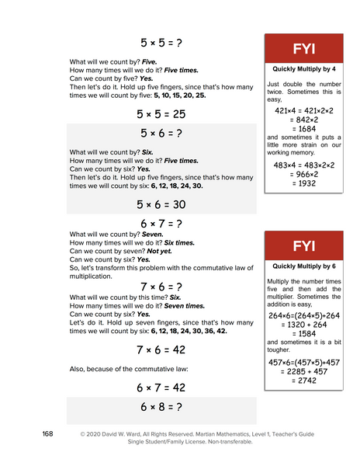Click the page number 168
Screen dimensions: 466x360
[x=47, y=433]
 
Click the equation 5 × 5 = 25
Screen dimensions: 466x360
[x=161, y=113]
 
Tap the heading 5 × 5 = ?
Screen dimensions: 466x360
[x=161, y=42]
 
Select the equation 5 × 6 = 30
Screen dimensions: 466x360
[x=161, y=204]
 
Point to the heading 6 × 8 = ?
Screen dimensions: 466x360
[x=161, y=406]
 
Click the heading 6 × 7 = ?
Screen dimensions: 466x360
[x=161, y=224]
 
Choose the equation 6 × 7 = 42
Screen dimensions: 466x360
[x=161, y=387]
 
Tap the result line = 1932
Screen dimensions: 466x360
[x=303, y=183]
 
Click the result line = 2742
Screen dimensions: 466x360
[x=303, y=381]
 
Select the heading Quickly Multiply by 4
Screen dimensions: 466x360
[x=303, y=68]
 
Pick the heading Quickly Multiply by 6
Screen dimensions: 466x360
[x=303, y=266]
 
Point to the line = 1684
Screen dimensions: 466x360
[x=303, y=129]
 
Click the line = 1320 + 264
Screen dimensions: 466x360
[x=303, y=325]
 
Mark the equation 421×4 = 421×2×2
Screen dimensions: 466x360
[x=303, y=111]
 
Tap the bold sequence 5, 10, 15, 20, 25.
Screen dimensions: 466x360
[x=180, y=96]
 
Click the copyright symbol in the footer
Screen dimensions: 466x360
[x=82, y=433]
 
